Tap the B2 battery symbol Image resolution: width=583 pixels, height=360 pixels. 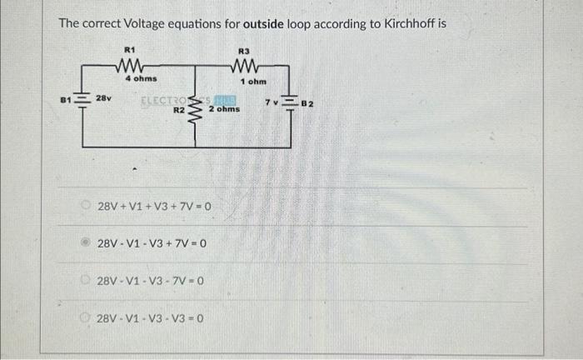click(x=290, y=102)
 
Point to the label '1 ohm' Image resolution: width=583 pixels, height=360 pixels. click(x=252, y=82)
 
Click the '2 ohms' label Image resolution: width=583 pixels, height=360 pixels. click(x=224, y=109)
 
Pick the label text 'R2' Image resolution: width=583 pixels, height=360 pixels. click(x=178, y=109)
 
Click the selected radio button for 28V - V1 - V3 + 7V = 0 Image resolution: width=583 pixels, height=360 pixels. click(x=87, y=244)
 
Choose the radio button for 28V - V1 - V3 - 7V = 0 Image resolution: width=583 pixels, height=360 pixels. click(x=87, y=282)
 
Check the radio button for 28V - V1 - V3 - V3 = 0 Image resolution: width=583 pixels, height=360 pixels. click(x=87, y=318)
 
